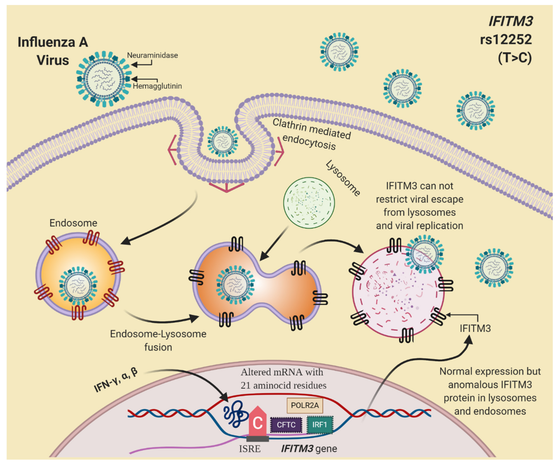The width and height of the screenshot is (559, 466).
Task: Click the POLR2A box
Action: click(x=305, y=405)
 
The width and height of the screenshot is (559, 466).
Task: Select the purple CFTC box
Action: click(x=286, y=425)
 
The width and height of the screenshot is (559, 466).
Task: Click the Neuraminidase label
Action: click(x=152, y=55)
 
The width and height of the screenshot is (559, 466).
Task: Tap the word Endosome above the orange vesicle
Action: click(x=73, y=223)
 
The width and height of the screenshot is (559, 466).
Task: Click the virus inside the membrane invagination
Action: click(x=223, y=142)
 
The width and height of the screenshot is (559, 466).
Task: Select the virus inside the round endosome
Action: click(x=78, y=286)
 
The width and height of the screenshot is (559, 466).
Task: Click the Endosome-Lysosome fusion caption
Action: click(x=158, y=341)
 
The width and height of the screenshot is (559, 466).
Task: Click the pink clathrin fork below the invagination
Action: click(x=226, y=186)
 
